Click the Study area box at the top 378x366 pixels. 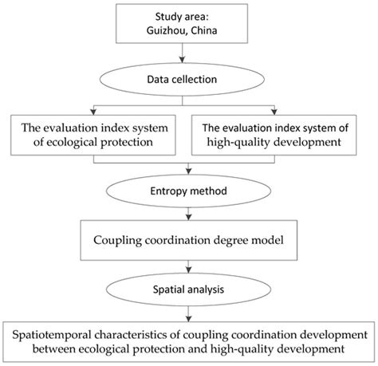[189, 25]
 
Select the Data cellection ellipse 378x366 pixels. [189, 81]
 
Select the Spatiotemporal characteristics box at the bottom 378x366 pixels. [189, 339]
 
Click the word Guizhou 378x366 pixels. [167, 32]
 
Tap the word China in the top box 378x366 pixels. [207, 32]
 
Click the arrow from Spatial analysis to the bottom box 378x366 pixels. [189, 312]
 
